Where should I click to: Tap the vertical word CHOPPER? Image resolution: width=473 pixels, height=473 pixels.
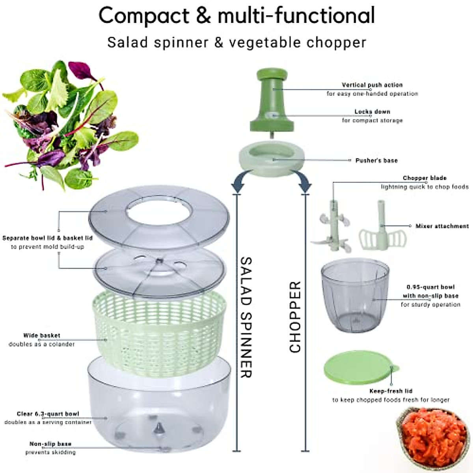pyautogui.click(x=295, y=317)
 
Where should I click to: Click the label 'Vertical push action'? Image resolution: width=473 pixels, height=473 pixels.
pyautogui.click(x=372, y=85)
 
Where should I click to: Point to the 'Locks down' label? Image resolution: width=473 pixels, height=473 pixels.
pyautogui.click(x=372, y=112)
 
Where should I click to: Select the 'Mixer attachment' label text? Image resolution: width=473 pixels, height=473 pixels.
pyautogui.click(x=442, y=226)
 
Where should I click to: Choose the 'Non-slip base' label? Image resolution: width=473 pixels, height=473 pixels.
pyautogui.click(x=50, y=444)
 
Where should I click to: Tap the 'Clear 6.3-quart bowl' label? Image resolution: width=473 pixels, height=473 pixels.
pyautogui.click(x=48, y=414)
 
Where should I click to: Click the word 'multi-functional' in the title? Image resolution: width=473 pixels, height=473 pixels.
pyautogui.click(x=296, y=16)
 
